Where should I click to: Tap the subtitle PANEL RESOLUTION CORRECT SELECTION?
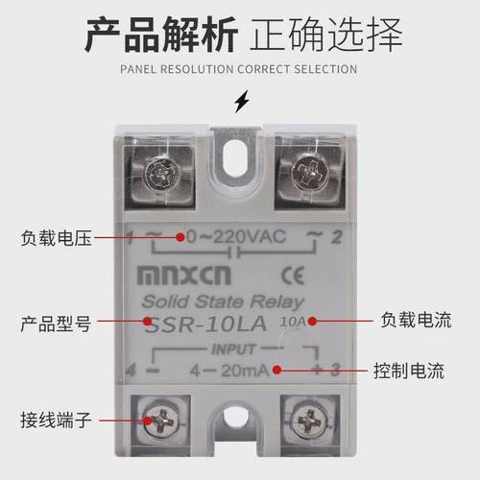[x=240, y=69]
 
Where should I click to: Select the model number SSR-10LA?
[x=211, y=326]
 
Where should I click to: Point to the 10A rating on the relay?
[x=294, y=323]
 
